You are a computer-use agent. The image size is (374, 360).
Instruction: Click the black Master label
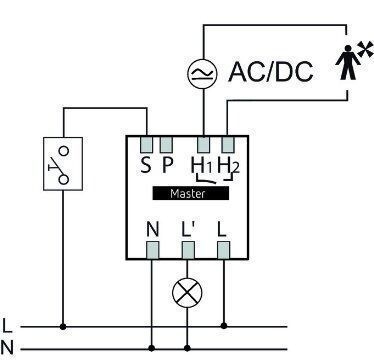tap(191, 193)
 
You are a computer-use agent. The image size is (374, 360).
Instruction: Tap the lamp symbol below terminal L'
tap(187, 293)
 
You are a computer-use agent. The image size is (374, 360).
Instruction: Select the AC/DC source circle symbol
tap(202, 74)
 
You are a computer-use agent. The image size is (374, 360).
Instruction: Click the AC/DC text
tap(271, 72)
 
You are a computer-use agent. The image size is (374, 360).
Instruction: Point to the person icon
tap(348, 62)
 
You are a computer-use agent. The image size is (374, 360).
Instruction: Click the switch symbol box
tap(63, 164)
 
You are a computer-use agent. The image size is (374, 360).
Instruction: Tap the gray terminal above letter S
tap(146, 144)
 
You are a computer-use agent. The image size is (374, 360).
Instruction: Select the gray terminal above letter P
tap(166, 144)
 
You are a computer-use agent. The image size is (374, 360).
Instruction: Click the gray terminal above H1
tap(204, 144)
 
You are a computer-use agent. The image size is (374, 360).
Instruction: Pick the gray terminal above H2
tap(228, 144)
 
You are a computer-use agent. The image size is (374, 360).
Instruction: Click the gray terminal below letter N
tap(153, 250)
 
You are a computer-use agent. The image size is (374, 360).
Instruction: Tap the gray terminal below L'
tap(188, 250)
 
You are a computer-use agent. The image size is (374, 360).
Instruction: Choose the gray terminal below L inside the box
tap(223, 250)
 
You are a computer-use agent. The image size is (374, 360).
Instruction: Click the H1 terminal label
tap(202, 165)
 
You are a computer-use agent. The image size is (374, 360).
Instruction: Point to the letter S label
tap(146, 165)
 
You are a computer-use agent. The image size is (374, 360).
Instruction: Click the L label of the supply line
tap(7, 326)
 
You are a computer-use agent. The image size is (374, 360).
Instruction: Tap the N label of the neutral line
tap(7, 348)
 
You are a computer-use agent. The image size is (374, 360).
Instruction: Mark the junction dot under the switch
tap(63, 327)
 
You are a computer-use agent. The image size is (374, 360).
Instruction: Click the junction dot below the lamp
tap(187, 348)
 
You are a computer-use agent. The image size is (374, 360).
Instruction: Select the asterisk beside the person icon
tap(365, 49)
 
